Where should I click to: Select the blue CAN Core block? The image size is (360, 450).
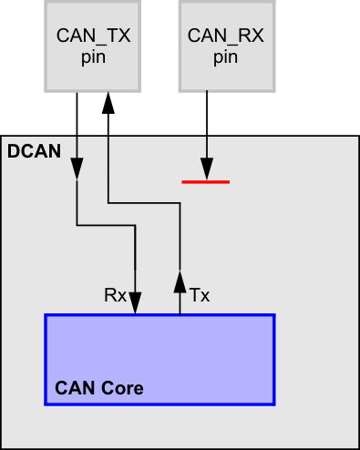point(159,360)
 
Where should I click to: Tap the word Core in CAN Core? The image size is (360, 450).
point(121,389)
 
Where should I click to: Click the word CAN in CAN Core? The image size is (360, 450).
point(75,389)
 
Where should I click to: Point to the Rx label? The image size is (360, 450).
point(116,295)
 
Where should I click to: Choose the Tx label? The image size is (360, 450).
point(200,295)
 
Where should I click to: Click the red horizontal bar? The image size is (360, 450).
point(205,181)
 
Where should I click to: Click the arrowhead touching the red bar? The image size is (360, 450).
point(205,171)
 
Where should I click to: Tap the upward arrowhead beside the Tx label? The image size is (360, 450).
point(180,280)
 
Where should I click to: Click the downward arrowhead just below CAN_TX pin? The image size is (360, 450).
point(77,169)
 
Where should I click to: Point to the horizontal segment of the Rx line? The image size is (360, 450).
point(106,224)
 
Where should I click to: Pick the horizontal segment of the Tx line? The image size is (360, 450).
point(143,201)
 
